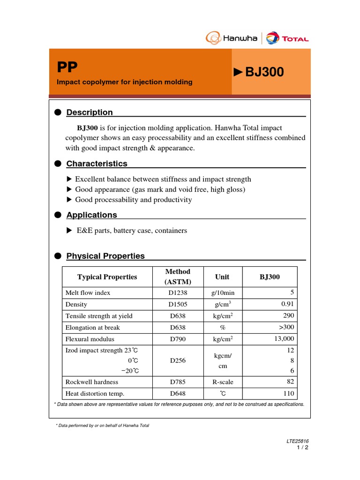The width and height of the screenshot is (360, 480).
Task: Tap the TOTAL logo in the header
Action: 287,38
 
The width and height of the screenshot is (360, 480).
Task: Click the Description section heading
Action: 89,112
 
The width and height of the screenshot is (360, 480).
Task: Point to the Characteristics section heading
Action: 97,164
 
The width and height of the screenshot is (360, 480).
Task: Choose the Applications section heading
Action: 91,215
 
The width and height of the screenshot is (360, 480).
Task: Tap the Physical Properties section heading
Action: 105,256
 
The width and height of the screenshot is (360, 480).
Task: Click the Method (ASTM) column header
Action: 178,277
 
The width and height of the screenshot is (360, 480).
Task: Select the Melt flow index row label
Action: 88,292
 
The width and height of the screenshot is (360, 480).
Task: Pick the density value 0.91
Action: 287,304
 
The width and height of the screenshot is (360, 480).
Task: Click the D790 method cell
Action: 178,339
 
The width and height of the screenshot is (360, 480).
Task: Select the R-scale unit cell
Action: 222,382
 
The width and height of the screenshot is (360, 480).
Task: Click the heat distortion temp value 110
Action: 288,394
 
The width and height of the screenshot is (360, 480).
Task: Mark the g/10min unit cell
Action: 222,292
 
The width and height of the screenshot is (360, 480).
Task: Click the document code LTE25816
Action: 298,441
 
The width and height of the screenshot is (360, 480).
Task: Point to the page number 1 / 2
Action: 303,448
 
